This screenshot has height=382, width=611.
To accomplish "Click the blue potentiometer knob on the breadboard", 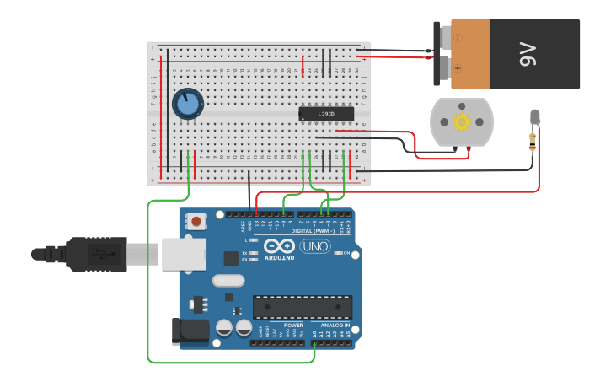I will [x=188, y=105].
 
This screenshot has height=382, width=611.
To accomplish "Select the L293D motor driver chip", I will [x=326, y=114].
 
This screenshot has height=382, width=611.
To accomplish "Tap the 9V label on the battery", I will [x=528, y=55].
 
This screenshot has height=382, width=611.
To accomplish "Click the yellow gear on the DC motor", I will [x=461, y=121].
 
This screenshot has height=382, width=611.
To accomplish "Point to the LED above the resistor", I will [x=534, y=117].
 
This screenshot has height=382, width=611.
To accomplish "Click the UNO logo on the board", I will [x=314, y=246].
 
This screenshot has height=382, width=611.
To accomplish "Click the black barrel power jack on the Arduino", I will [x=190, y=331].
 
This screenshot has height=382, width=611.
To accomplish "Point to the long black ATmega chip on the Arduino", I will [x=303, y=307].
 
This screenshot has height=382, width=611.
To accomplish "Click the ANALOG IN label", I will [x=335, y=325].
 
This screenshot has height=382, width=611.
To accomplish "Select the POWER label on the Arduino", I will [x=293, y=325].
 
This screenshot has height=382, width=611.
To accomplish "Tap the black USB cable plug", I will [x=93, y=253].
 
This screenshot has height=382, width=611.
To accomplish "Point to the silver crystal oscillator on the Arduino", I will [x=228, y=281].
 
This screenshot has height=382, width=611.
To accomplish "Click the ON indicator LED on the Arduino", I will [x=337, y=252].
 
